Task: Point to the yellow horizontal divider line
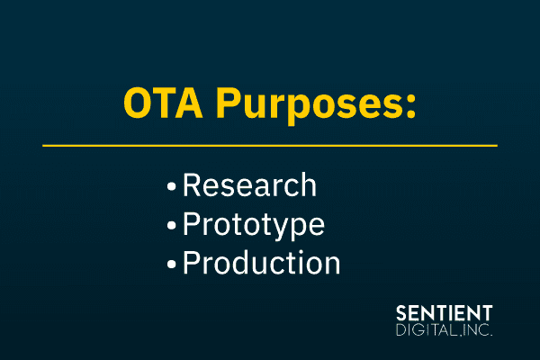tap(270, 145)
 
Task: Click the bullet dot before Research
tap(171, 187)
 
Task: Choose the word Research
tap(249, 185)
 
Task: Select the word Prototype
tap(253, 225)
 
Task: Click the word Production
tap(261, 264)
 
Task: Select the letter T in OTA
tap(162, 104)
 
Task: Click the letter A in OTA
tap(186, 104)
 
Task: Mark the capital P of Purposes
tap(224, 104)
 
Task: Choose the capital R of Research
tap(193, 185)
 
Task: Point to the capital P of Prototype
tap(192, 225)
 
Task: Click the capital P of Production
tap(192, 264)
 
